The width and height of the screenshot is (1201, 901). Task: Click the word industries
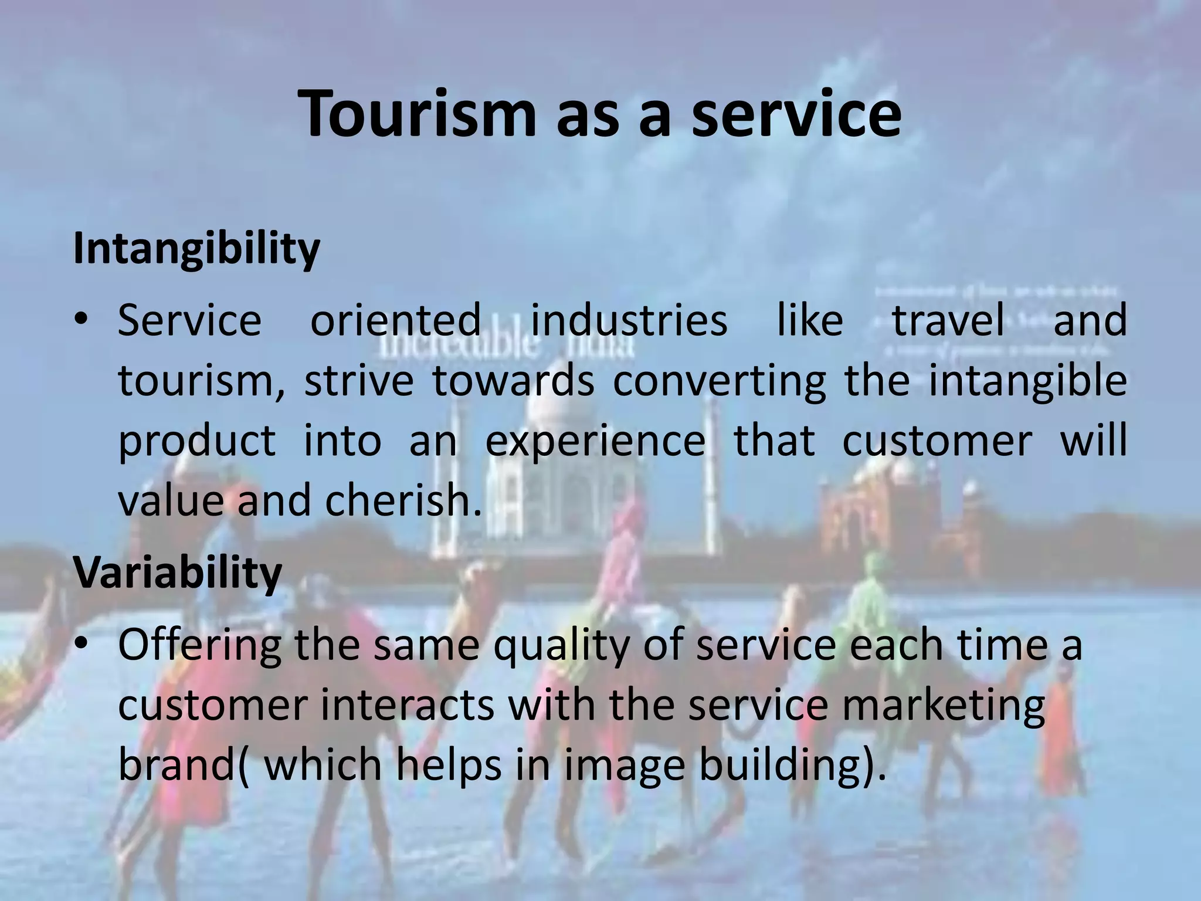pos(629,320)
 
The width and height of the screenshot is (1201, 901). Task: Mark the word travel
pos(948,320)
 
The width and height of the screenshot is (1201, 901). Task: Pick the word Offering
pos(199,645)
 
